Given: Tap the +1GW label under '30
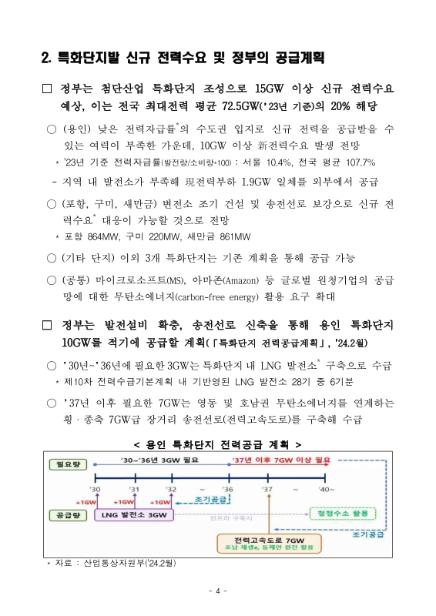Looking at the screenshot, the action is [x=85, y=501].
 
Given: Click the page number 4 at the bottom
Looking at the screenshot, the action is [x=218, y=591].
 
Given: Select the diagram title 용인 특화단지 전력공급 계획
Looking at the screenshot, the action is [x=217, y=444].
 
